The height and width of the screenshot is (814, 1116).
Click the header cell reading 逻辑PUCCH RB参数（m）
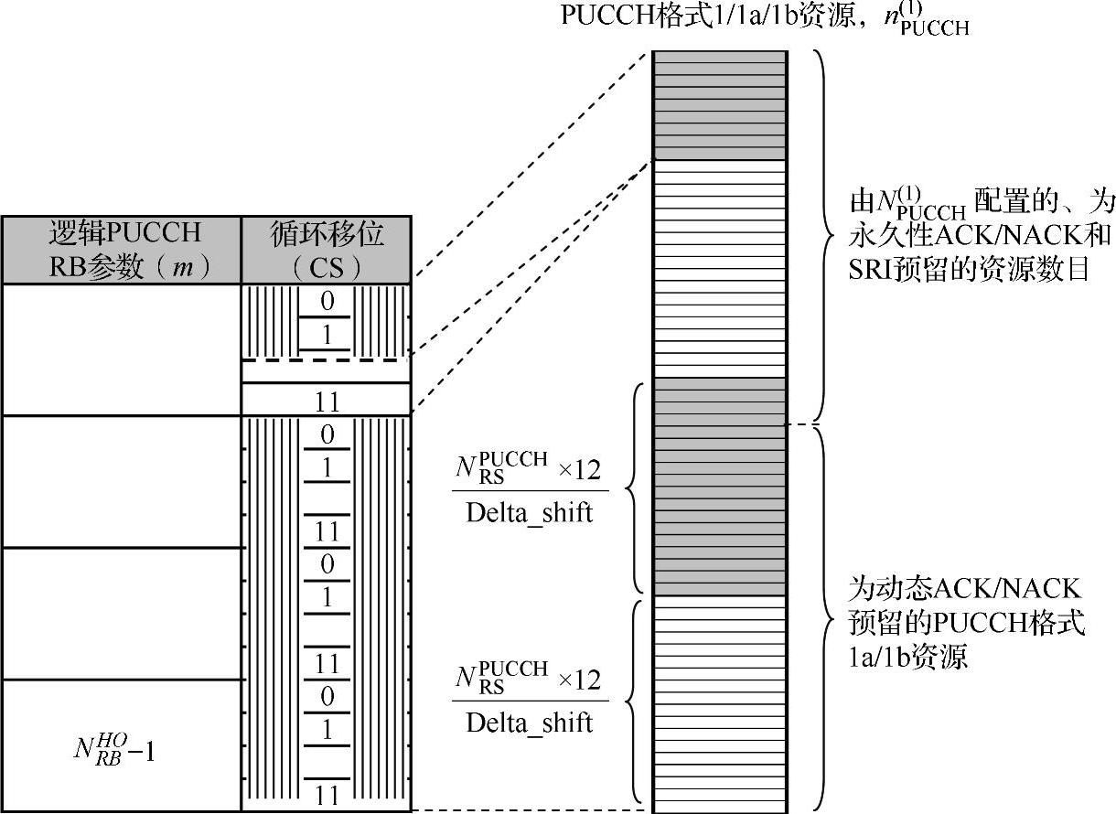[121, 250]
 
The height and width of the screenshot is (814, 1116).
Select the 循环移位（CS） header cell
[327, 250]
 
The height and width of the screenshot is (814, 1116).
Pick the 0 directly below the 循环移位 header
[327, 299]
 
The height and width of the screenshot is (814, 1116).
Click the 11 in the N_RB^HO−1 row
[327, 795]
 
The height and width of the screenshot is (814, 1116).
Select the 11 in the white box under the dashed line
[327, 401]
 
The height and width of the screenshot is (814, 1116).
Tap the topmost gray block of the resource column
[719, 105]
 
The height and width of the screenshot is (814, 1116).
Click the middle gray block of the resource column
[719, 486]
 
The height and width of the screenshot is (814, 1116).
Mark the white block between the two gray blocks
[719, 269]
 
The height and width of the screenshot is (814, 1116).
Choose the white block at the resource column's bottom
[719, 703]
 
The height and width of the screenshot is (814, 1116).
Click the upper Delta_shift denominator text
[529, 513]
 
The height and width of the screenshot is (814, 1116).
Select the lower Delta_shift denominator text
[529, 723]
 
